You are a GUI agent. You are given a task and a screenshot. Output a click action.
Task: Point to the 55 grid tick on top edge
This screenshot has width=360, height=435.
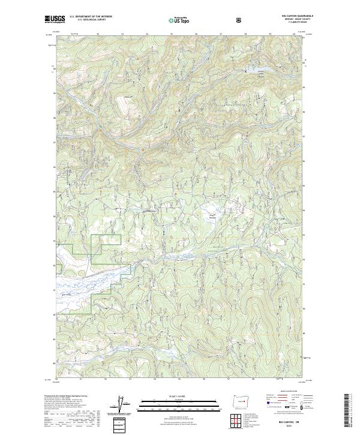coord(171,34)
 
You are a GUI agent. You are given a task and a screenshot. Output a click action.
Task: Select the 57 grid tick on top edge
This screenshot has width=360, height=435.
coord(220,34)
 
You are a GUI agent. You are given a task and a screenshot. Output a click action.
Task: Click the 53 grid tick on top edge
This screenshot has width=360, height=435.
coord(122,34)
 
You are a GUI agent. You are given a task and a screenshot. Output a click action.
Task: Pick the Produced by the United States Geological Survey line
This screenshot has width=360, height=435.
coord(64,395)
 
